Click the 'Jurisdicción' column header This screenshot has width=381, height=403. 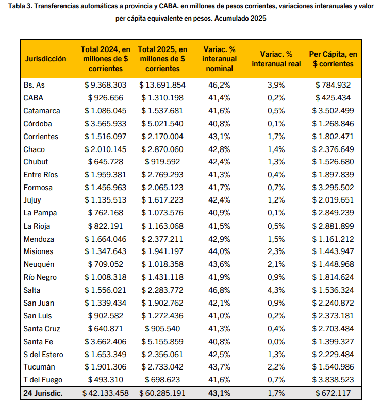click(46, 59)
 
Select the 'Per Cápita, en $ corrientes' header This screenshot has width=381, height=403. click(333, 59)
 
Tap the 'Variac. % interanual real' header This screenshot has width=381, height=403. click(276, 59)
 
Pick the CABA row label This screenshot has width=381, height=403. click(34, 98)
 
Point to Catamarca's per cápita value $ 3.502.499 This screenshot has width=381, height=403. click(333, 111)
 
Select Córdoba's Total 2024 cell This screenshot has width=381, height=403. click(105, 124)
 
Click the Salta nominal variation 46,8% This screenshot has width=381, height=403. click(219, 290)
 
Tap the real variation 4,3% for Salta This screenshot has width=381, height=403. click(276, 290)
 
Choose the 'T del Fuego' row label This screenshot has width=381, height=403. click(43, 380)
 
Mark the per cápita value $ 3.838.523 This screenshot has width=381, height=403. click(333, 380)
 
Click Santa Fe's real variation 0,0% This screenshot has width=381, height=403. click(276, 341)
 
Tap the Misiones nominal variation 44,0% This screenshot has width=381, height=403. click(219, 251)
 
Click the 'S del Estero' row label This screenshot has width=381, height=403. click(43, 354)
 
